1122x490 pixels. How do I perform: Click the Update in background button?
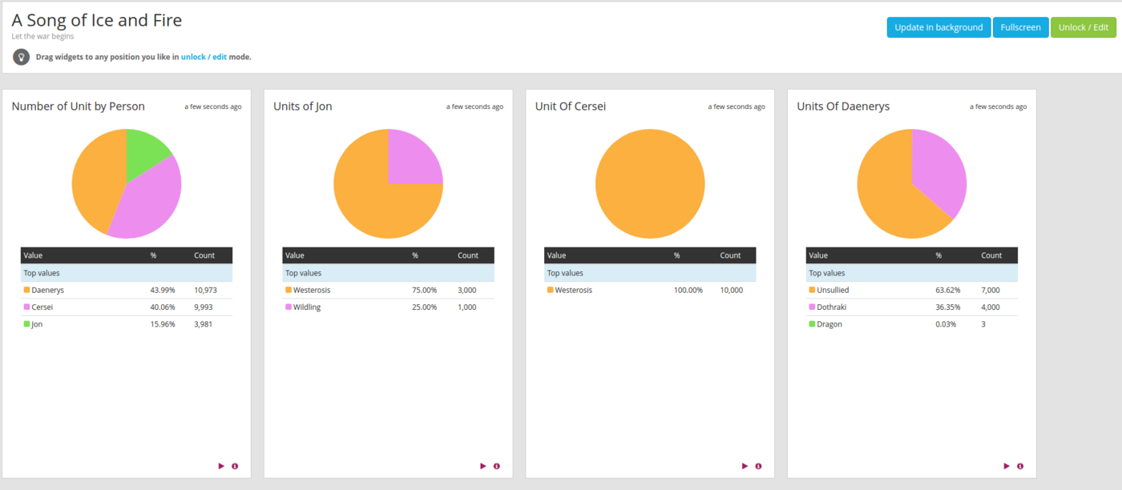coord(938,27)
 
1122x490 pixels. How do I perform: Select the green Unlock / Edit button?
coord(1084,27)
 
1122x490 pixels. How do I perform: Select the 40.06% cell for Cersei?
coord(162,307)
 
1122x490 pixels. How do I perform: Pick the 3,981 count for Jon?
coord(204,324)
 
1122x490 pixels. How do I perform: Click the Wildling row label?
coord(306,307)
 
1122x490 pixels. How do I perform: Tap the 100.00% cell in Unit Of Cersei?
coord(688,290)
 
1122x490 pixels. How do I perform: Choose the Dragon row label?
coord(829,324)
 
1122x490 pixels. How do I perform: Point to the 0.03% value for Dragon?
coord(946,324)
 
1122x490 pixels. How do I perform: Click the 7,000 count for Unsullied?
coord(991,290)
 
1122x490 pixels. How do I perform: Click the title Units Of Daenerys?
coord(843,106)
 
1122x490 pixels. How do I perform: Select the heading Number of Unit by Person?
coord(78,106)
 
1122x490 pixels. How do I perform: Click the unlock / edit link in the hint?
coord(204,57)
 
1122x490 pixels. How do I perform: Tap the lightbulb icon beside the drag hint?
coord(22,57)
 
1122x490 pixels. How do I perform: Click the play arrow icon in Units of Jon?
coord(483,466)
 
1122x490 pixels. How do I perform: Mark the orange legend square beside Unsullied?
coord(812,290)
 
